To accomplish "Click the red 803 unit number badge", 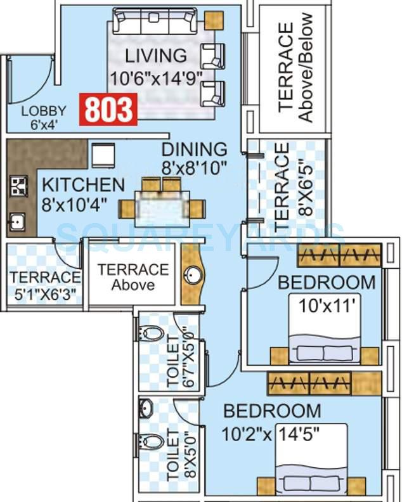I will point(108,109).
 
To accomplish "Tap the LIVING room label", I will point(156,56).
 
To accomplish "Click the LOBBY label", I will point(44,112).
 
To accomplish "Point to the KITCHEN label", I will point(83,185).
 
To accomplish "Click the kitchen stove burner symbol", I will point(18,186).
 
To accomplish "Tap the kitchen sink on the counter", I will point(17,222).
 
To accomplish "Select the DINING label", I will point(194,150).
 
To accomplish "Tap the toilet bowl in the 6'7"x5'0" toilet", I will point(152,333).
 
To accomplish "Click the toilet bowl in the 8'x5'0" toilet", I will point(152,441).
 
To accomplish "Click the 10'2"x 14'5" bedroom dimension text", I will point(272,435).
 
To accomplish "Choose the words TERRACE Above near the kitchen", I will point(133,277).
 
